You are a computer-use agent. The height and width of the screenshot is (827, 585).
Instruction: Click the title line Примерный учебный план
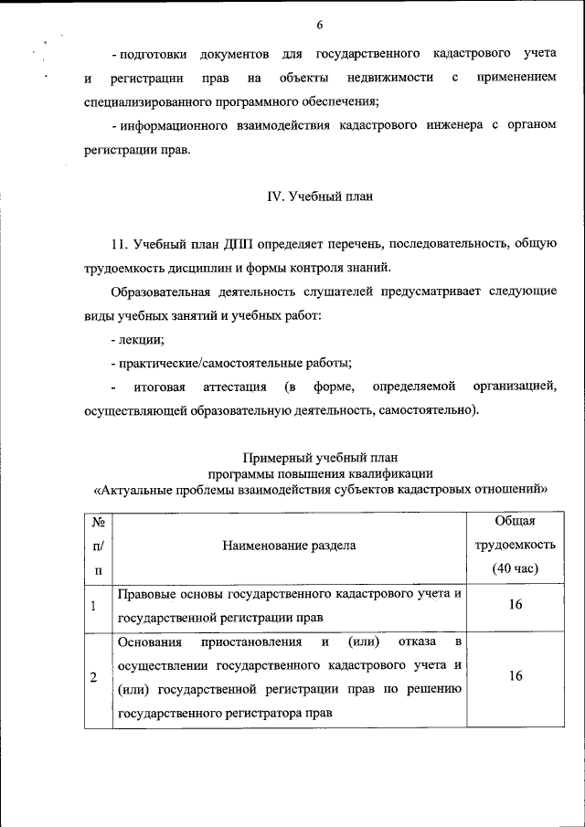(x=320, y=456)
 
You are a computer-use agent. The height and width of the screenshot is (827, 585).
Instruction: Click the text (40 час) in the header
(x=515, y=568)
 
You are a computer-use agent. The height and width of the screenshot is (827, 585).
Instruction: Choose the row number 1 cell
(x=93, y=605)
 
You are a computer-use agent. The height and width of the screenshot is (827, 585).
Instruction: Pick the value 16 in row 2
(x=515, y=676)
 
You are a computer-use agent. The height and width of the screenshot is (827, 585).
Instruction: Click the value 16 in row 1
(x=515, y=605)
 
